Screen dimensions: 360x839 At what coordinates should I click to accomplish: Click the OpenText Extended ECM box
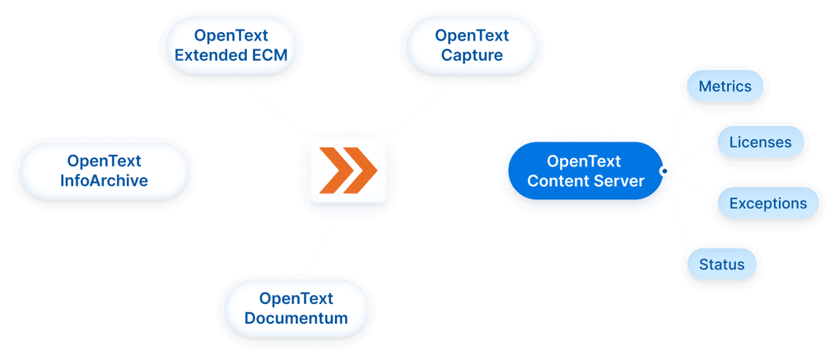click(231, 46)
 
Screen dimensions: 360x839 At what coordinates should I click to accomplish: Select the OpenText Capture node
click(472, 46)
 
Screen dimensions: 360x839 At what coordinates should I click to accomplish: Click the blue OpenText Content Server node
click(585, 171)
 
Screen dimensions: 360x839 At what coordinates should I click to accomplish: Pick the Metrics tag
click(725, 86)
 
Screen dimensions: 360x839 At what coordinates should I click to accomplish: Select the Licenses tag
click(760, 143)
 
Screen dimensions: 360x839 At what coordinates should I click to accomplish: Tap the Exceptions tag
click(767, 203)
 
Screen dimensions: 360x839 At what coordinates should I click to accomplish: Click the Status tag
click(721, 264)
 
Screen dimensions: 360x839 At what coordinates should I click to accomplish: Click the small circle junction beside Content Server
click(664, 171)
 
